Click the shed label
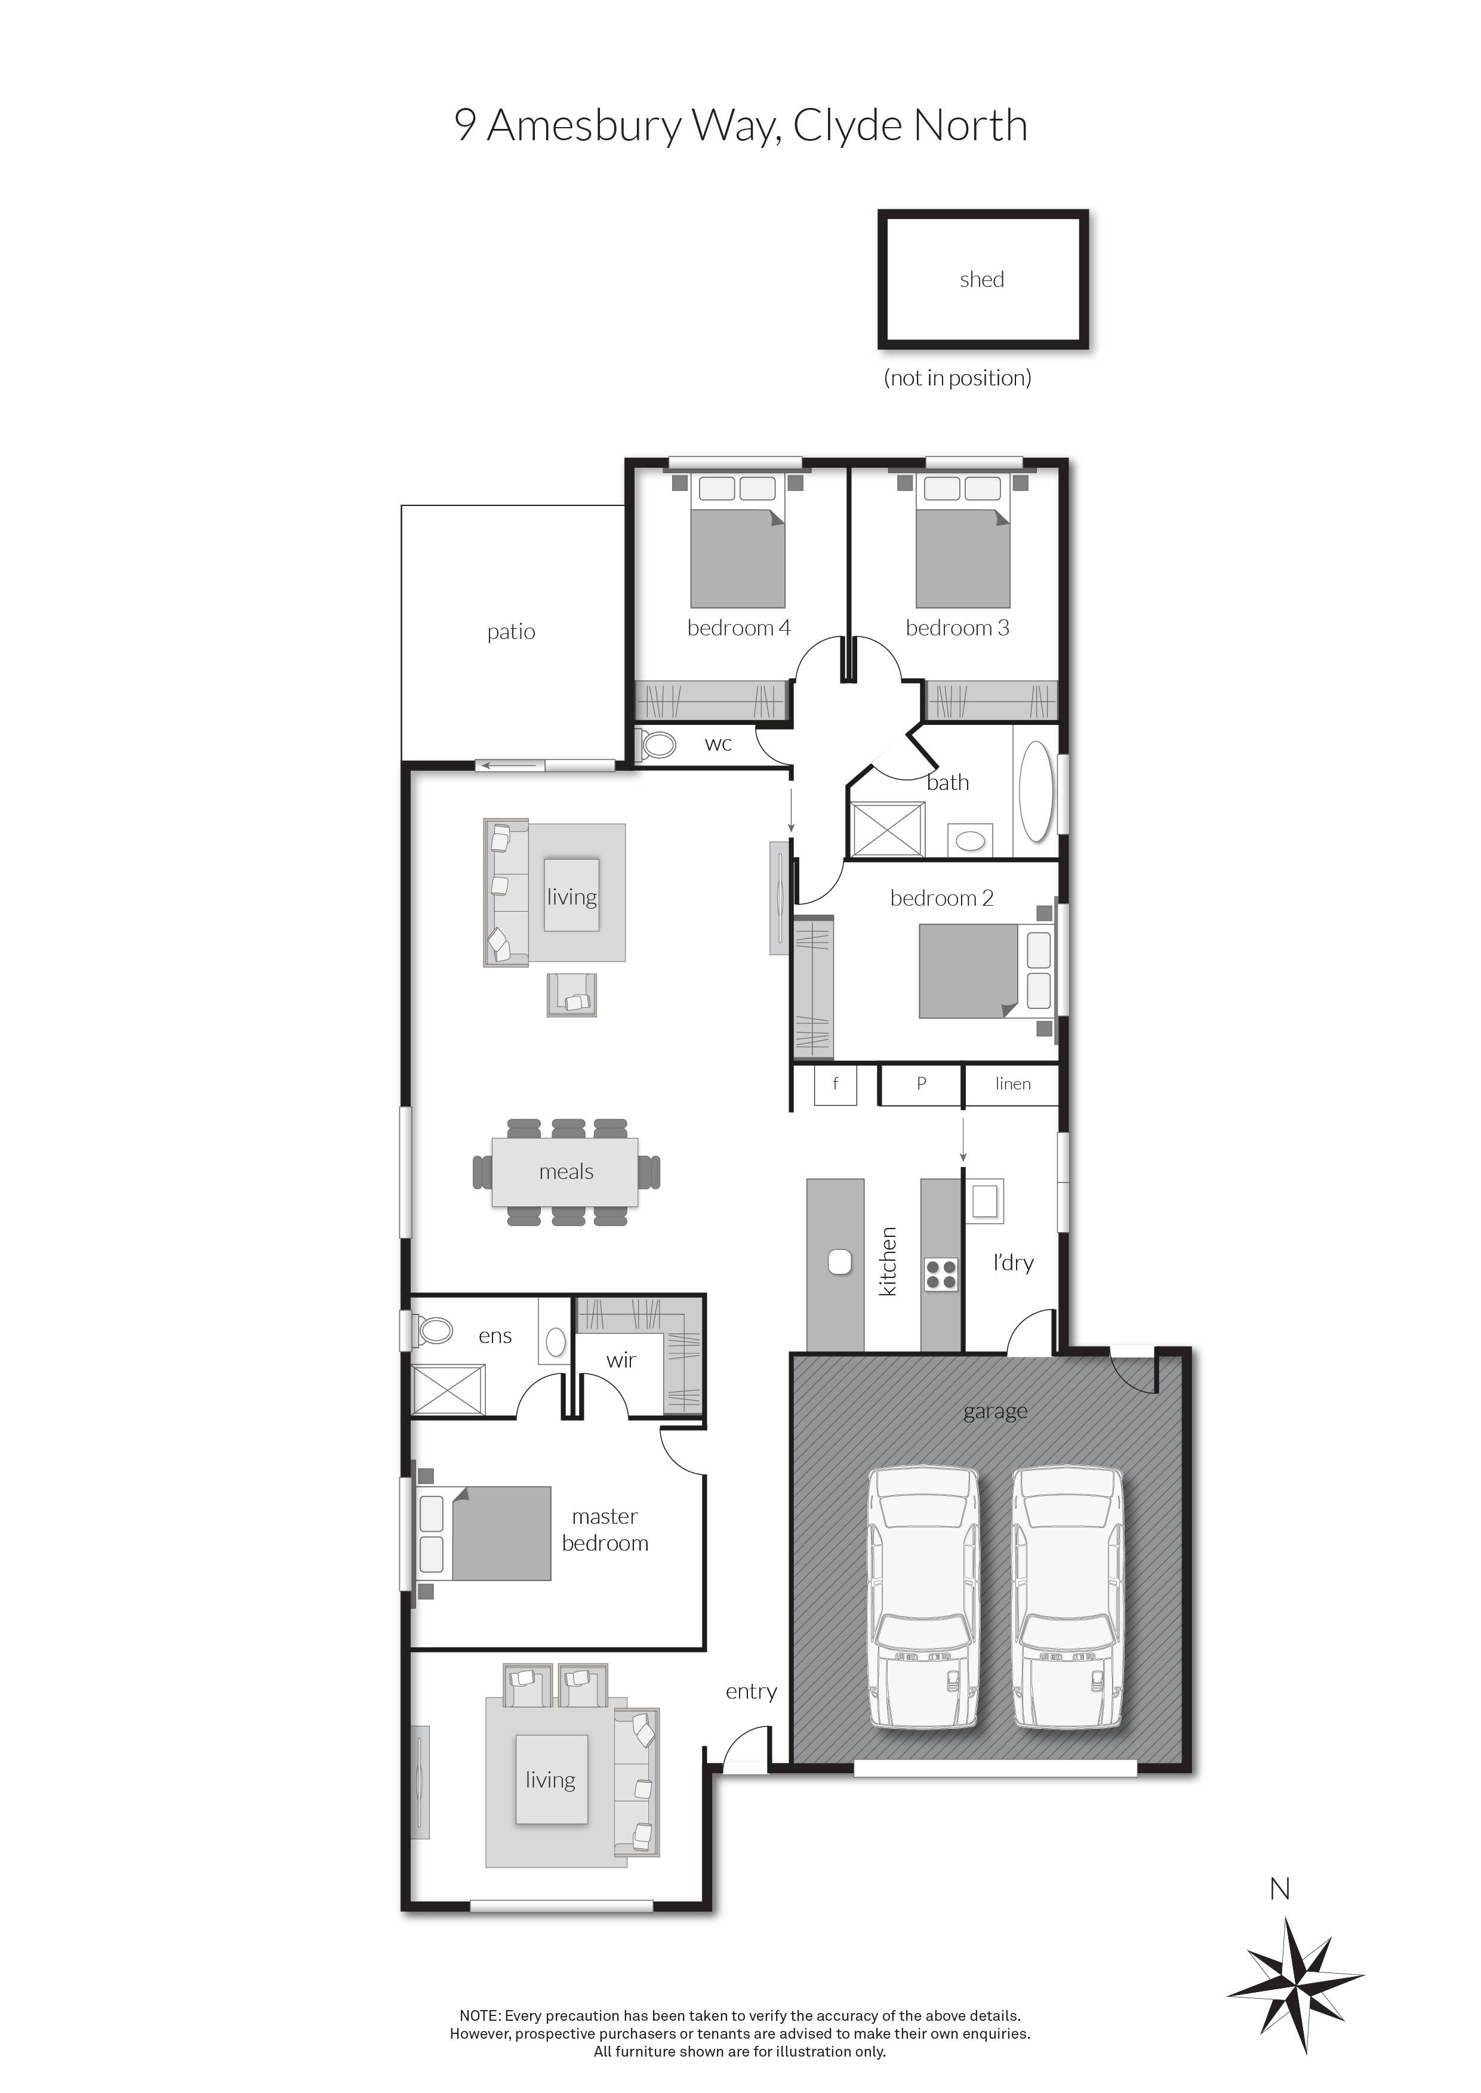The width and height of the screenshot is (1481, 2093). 981,280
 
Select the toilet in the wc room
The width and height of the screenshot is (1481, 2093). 657,745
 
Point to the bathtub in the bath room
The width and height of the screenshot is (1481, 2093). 1035,791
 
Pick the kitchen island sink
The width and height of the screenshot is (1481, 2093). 839,1262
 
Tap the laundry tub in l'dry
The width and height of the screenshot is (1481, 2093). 985,1202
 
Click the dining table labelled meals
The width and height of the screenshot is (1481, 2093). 565,1172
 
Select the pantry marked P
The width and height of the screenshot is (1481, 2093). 921,1084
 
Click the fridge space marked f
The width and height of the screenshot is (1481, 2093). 835,1084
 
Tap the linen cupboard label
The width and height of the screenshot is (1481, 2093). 1012,1084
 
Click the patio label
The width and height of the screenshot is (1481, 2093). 511,632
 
